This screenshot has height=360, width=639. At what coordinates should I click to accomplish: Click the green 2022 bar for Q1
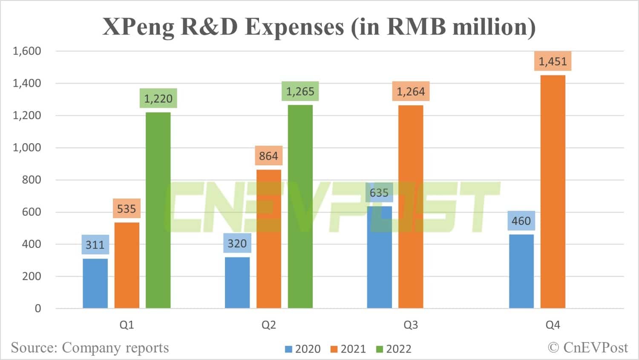(x=158, y=210)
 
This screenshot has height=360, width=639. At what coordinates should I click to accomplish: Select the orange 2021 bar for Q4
(x=553, y=192)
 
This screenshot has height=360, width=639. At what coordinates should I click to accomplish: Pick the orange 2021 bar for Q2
(x=269, y=239)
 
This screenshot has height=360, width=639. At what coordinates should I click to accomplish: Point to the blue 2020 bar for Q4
(x=521, y=271)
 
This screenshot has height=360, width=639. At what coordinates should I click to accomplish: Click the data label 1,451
(x=553, y=61)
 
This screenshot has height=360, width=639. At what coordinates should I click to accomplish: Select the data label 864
(x=268, y=156)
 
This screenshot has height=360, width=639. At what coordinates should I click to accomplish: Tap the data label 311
(x=95, y=245)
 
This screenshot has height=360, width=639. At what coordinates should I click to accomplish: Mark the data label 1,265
(x=300, y=91)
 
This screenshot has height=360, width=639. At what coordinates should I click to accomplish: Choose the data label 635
(x=379, y=193)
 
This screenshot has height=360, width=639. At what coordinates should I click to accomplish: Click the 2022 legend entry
(x=394, y=349)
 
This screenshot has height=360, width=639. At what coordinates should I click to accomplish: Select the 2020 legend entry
(x=303, y=349)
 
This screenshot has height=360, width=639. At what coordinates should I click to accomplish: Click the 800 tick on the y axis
(x=32, y=180)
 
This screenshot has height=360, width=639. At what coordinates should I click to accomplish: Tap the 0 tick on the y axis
(x=38, y=308)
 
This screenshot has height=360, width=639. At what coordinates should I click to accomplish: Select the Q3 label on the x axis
(x=411, y=325)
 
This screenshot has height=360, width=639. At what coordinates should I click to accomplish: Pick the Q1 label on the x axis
(x=127, y=325)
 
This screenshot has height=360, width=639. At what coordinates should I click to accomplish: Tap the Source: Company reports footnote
(x=90, y=348)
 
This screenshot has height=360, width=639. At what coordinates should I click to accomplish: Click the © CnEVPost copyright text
(x=588, y=348)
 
